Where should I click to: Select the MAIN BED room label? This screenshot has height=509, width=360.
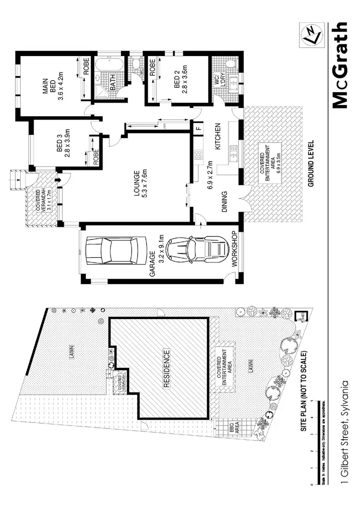(54, 88)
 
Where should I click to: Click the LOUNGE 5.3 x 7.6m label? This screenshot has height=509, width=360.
(140, 180)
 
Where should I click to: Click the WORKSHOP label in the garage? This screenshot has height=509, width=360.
(235, 249)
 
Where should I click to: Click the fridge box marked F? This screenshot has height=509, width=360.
(198, 128)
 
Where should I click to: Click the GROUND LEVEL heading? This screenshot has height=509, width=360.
(311, 163)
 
